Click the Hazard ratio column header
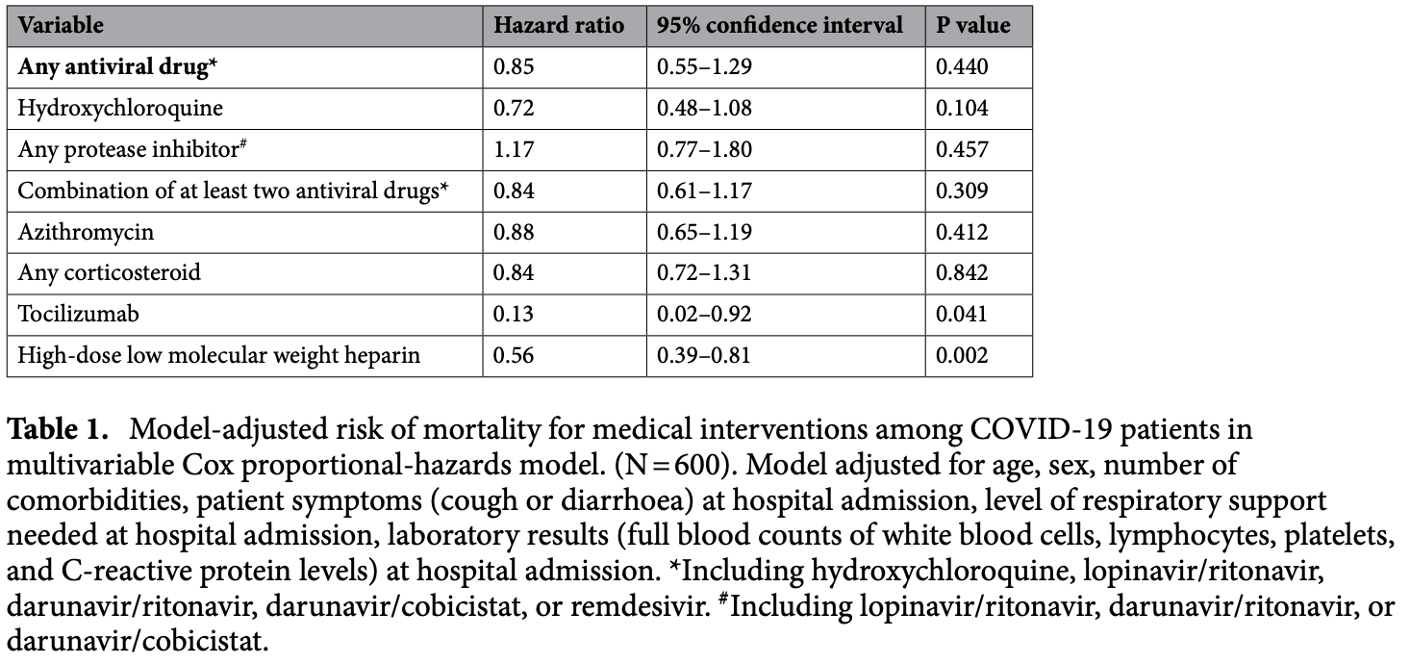tap(559, 25)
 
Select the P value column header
tap(972, 25)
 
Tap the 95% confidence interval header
tap(779, 25)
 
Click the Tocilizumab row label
tap(78, 314)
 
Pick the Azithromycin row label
tap(86, 232)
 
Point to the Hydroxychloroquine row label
tap(120, 108)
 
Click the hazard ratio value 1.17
tap(514, 149)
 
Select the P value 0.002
tap(962, 355)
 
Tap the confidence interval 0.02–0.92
tap(704, 314)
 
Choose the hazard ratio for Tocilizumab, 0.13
tap(513, 314)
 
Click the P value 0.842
tap(962, 272)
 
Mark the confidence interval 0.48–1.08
tap(704, 108)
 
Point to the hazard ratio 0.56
tap(513, 355)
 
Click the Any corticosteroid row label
tap(109, 272)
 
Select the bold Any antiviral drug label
tap(117, 66)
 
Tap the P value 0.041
tap(962, 314)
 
